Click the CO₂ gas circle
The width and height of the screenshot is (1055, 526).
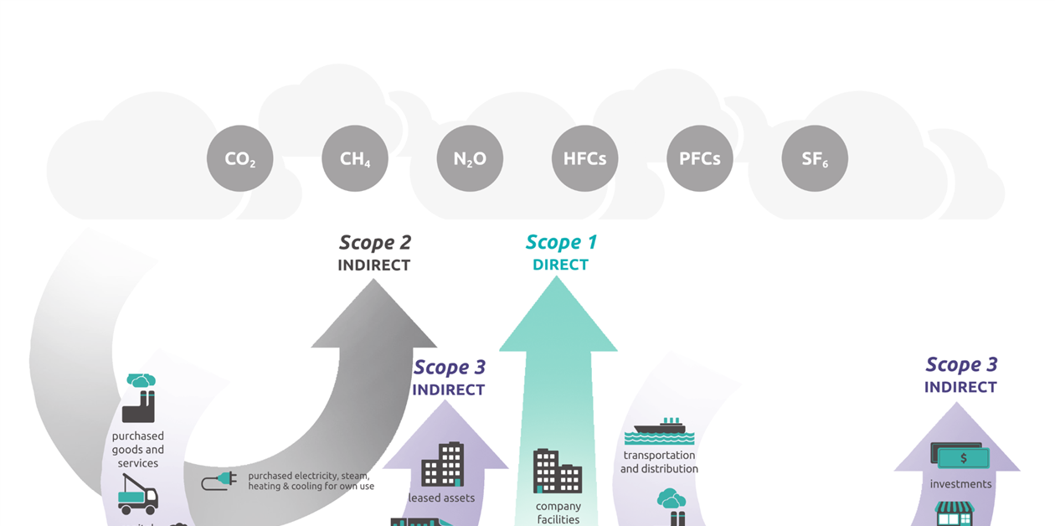[x=240, y=158]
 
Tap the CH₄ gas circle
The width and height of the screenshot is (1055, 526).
[x=355, y=158]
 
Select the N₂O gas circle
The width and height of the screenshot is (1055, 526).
[x=470, y=158]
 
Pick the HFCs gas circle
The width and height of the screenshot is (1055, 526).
[x=584, y=158]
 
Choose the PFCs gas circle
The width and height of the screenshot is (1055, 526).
[x=700, y=158]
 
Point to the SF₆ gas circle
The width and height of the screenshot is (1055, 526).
[x=815, y=158]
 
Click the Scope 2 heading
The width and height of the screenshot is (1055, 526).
[x=374, y=243]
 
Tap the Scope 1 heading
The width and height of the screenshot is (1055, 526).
[x=561, y=243]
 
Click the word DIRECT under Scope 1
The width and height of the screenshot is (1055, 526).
[x=561, y=265]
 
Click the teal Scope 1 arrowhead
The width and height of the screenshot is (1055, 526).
[x=558, y=318]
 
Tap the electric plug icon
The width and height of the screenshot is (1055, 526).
[x=219, y=481]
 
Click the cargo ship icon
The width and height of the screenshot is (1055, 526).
[x=660, y=431]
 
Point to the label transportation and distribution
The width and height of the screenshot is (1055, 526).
[x=659, y=462]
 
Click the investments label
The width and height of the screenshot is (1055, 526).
[x=960, y=484]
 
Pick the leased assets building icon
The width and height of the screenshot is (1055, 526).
[x=442, y=465]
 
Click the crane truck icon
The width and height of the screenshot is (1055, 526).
[x=136, y=494]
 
